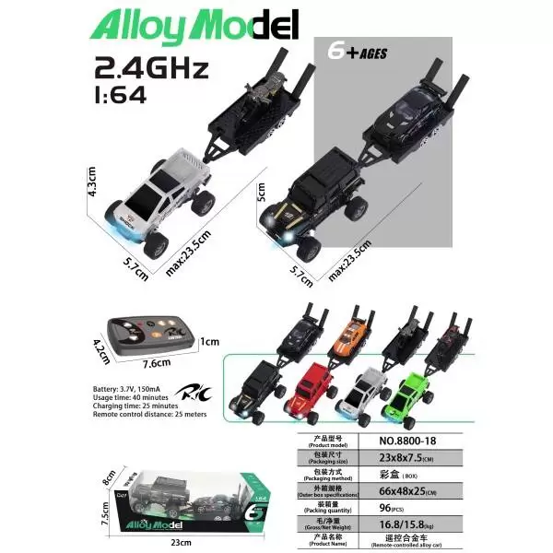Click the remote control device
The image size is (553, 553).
click(148, 333)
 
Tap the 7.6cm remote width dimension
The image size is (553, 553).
click(152, 363)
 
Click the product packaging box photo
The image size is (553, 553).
click(194, 498)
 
